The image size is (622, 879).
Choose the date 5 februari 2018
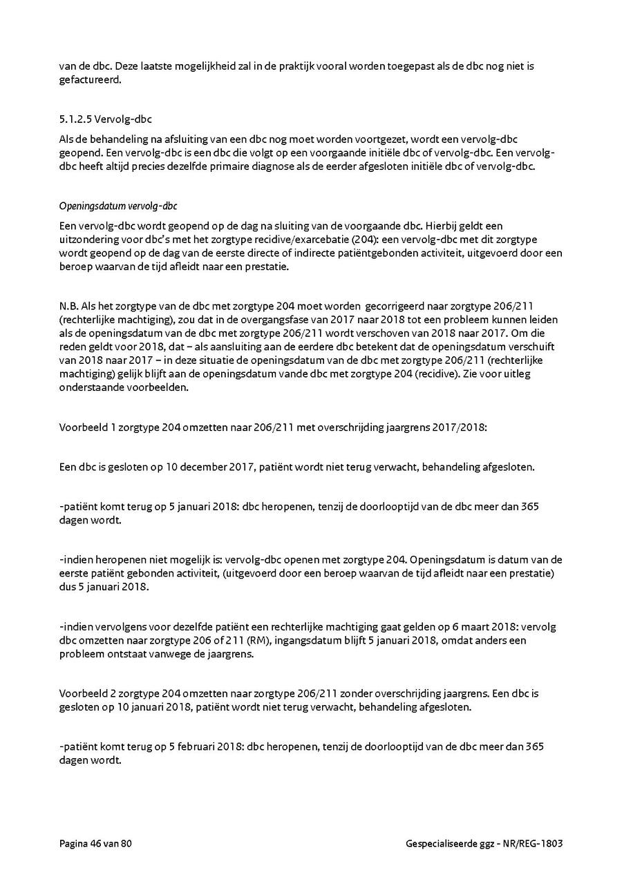(206, 746)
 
